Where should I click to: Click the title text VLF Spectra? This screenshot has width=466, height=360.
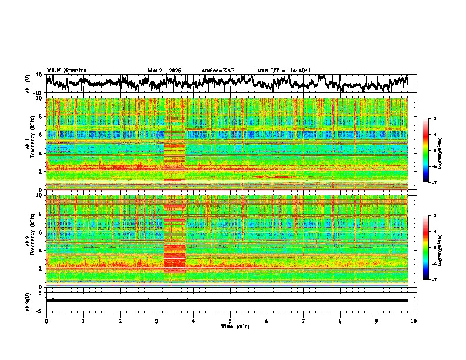click(x=66, y=70)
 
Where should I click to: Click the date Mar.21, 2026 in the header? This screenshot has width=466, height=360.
click(x=164, y=71)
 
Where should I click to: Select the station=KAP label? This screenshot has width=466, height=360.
click(x=218, y=71)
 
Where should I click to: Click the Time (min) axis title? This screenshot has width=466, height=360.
click(x=230, y=326)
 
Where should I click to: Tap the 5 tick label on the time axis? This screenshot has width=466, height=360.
click(x=230, y=321)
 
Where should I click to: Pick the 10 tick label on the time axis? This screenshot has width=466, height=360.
click(x=414, y=321)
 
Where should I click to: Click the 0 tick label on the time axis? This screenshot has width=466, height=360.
click(x=46, y=321)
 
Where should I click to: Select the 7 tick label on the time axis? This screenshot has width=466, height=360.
click(x=304, y=321)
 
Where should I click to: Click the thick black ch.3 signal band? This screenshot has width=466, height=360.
click(x=230, y=301)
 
